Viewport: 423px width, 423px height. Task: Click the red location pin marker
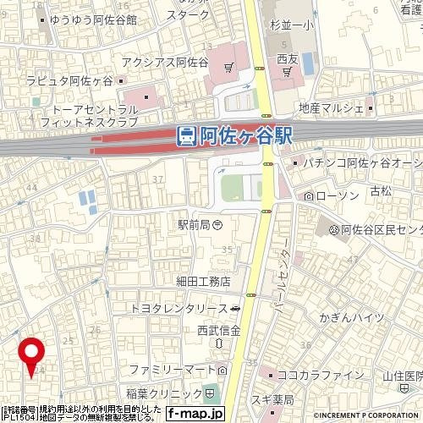click(x=32, y=353)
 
